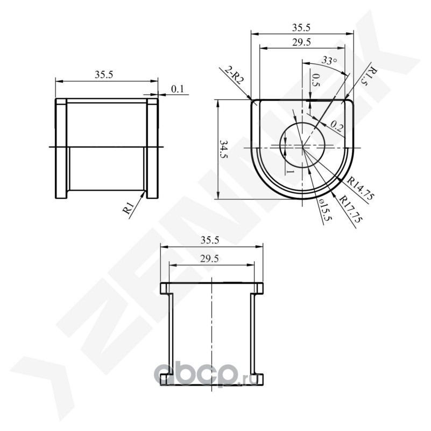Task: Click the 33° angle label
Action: (x=329, y=60)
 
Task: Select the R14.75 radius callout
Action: (x=361, y=189)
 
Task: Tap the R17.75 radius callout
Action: (x=351, y=208)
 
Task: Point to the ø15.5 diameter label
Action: (x=326, y=211)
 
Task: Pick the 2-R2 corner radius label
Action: (x=234, y=75)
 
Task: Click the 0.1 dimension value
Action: (x=177, y=89)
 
